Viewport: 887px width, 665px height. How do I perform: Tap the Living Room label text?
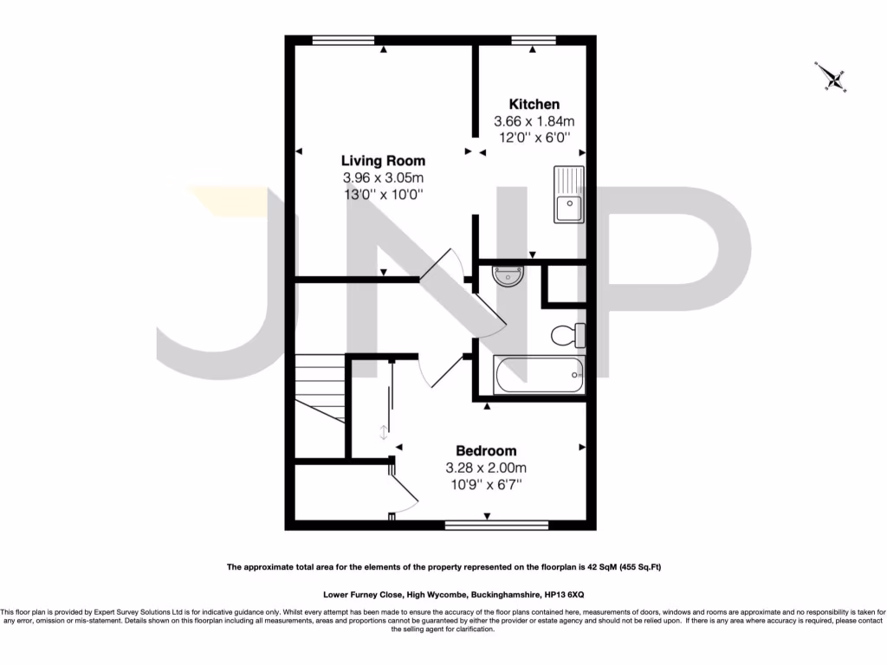tap(383, 160)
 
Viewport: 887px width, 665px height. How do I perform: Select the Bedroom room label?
tap(486, 450)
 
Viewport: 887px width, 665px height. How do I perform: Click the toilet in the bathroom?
tap(568, 334)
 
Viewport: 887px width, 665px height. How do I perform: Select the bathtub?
tap(539, 375)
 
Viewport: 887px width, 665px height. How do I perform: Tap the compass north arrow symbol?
tap(832, 78)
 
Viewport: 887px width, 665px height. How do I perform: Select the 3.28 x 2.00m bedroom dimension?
tap(486, 468)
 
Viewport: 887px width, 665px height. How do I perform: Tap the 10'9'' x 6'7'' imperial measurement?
tap(486, 485)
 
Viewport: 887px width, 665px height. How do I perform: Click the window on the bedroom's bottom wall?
tap(497, 525)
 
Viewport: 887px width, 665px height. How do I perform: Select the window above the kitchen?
tap(533, 40)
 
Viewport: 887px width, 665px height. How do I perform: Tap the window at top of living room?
tap(344, 40)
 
